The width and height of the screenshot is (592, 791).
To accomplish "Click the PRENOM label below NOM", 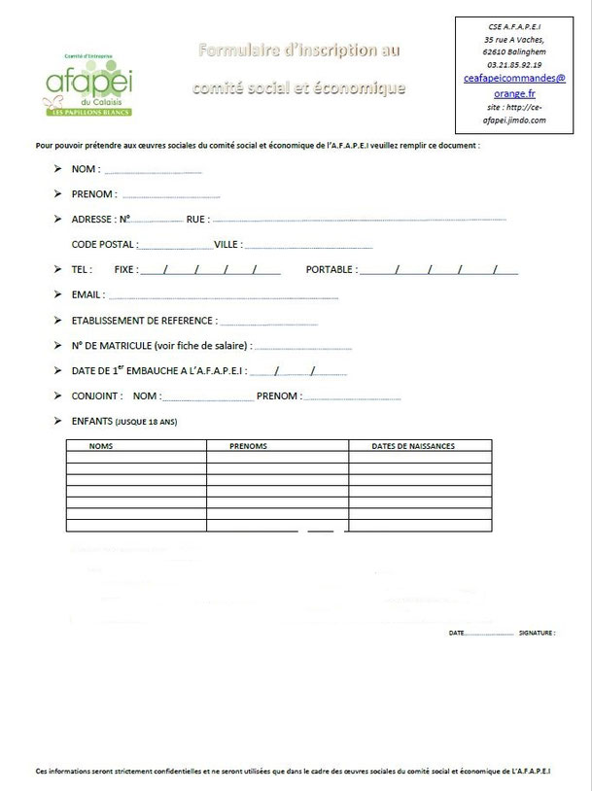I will [x=94, y=194].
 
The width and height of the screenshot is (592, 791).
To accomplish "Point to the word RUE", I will [x=196, y=220].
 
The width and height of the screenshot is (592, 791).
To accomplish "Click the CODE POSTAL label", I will [x=104, y=245].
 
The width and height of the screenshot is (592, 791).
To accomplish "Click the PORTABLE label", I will [x=331, y=269].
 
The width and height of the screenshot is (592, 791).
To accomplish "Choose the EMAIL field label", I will [x=88, y=294].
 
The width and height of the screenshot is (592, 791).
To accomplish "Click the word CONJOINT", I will [x=97, y=395].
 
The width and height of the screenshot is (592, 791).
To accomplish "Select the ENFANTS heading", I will [x=92, y=422].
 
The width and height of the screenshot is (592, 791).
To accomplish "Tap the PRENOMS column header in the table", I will [x=248, y=446].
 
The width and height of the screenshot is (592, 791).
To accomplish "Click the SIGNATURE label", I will [x=537, y=633].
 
